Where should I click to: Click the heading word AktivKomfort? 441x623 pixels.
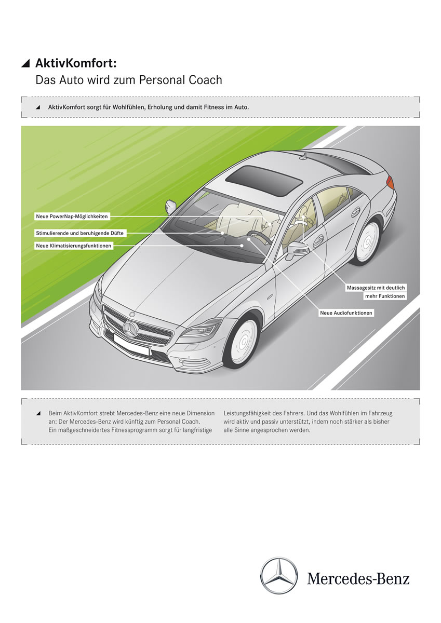point(76,63)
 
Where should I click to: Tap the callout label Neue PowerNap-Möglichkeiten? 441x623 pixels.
point(72,215)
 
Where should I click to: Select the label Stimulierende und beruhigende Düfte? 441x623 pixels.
point(80,234)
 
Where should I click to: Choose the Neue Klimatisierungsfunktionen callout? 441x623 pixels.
point(74,246)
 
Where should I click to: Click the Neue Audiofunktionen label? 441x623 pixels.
point(346,313)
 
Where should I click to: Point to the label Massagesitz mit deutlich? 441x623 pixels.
point(376,287)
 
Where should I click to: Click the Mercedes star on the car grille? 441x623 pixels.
point(129,328)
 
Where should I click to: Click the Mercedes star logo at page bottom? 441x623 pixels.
point(279,576)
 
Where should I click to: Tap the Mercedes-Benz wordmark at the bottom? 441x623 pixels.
point(358,578)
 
